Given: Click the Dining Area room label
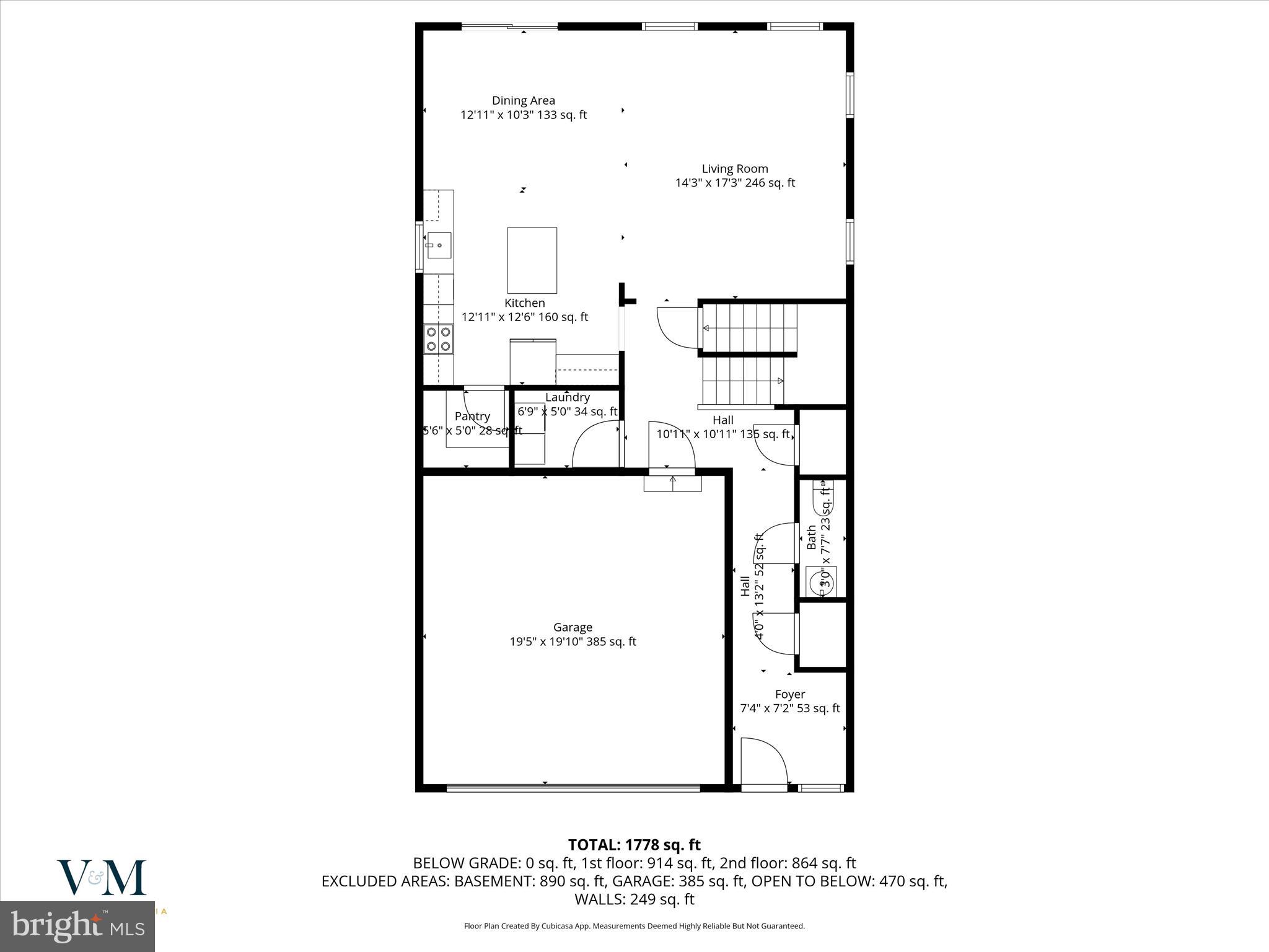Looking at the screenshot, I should point(524,100).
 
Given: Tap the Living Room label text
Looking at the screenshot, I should point(735,169).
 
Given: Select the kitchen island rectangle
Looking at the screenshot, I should point(532,260).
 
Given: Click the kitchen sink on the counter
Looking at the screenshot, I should point(438,245).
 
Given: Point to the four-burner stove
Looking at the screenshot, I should point(438,338).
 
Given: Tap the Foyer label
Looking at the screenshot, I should point(790,694).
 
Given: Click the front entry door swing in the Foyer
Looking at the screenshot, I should point(764,762).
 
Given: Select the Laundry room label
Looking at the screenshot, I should point(567,397).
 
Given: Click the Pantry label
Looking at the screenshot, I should point(472,416).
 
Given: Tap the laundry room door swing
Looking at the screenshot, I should point(595,444).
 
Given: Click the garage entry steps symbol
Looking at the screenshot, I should point(672,483).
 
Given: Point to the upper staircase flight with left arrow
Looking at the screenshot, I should point(749,328).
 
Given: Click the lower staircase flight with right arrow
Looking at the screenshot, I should point(742,381).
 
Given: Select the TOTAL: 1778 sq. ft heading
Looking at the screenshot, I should point(634,845).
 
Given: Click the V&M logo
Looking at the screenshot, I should point(102,878).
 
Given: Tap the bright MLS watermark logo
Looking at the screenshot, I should point(77,927).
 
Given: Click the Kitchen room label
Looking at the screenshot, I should point(525,303).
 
